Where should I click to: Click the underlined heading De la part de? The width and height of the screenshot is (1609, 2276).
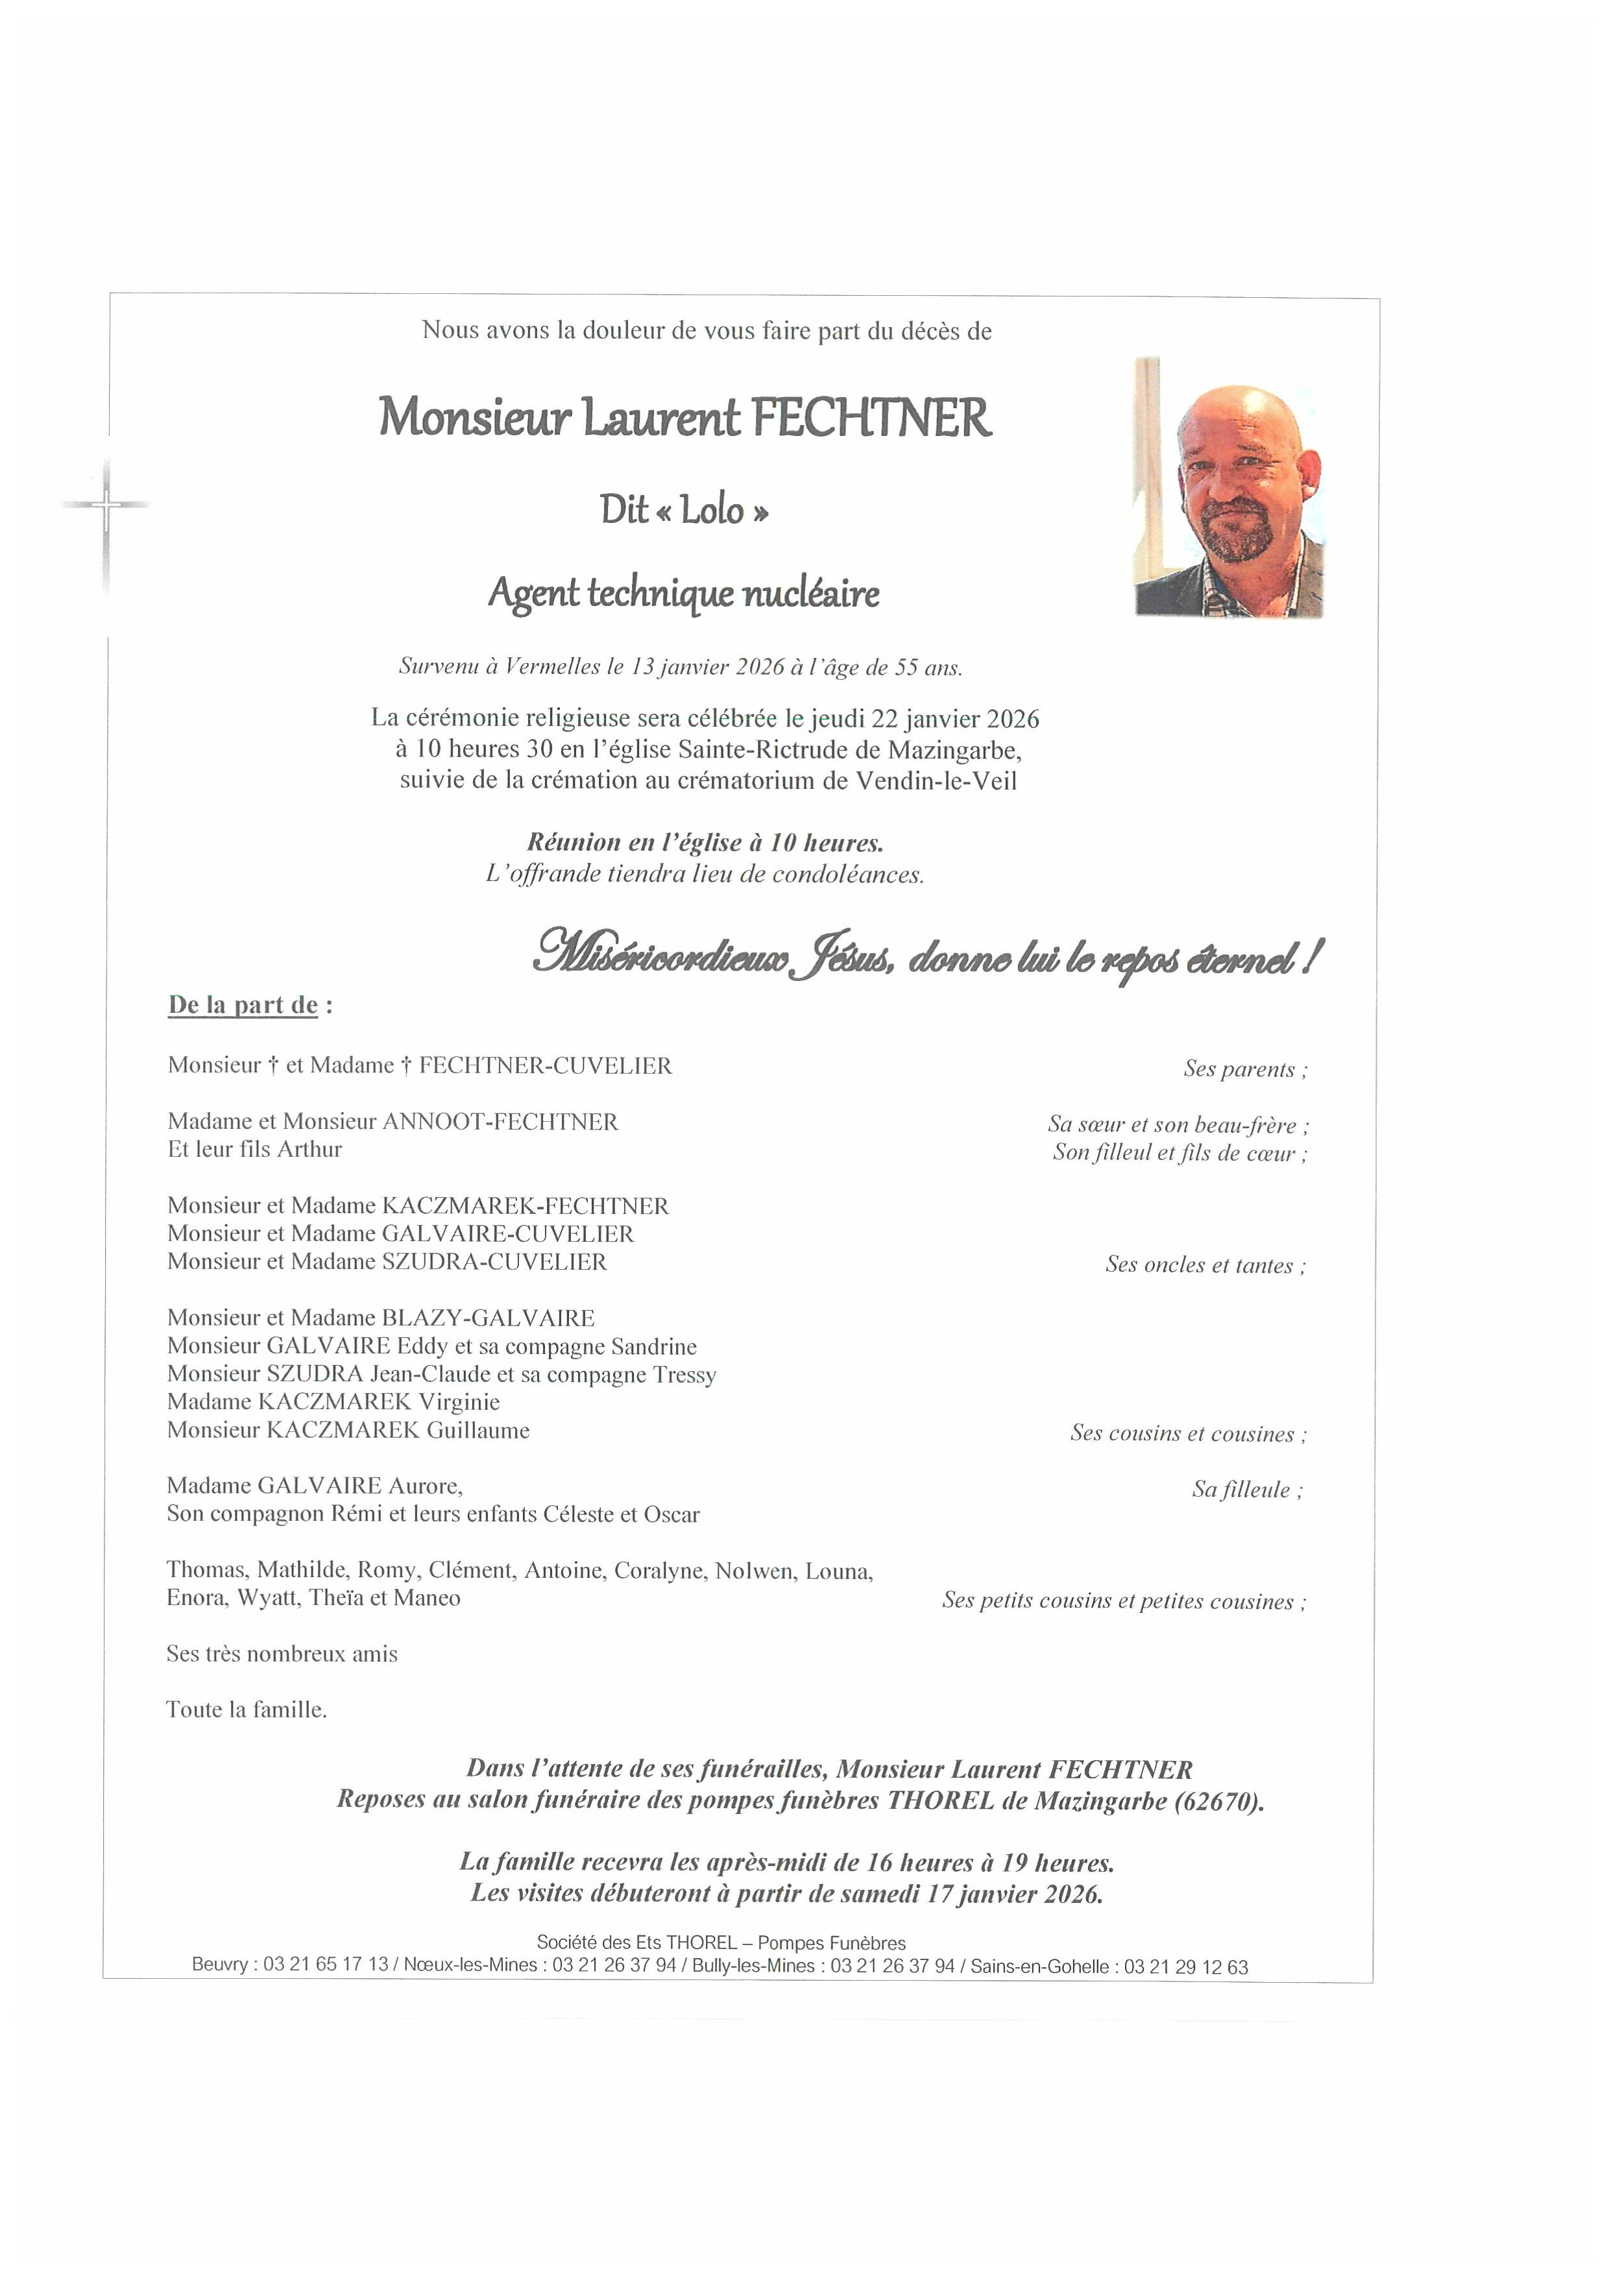pos(243,1005)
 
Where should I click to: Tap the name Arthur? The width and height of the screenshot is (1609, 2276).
pos(309,1150)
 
